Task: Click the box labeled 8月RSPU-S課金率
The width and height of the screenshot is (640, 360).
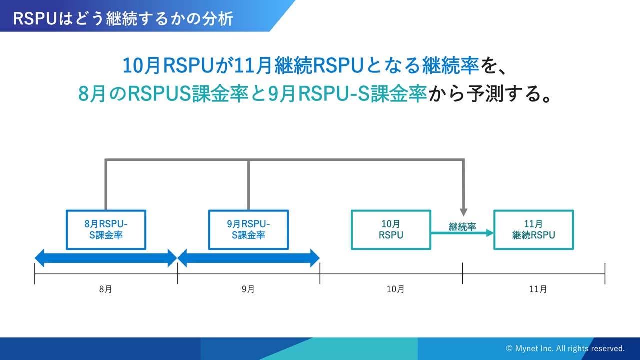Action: coord(106,230)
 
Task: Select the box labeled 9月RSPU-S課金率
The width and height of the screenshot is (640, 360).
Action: coord(248,230)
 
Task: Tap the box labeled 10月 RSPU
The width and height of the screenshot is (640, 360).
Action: coord(391,230)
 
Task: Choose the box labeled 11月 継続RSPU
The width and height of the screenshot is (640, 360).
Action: coord(533,230)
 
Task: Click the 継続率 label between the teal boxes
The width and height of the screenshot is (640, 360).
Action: coord(462,227)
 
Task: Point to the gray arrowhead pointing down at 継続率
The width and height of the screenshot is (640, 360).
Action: coord(464,212)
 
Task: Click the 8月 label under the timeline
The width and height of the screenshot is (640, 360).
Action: coord(106,289)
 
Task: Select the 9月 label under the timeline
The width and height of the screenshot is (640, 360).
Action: coord(248,289)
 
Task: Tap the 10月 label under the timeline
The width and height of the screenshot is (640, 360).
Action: coord(395,289)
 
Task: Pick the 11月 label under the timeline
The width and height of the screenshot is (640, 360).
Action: coord(537,289)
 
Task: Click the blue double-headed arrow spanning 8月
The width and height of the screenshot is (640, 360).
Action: coord(106,258)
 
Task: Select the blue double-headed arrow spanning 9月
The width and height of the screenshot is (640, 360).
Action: coord(248,258)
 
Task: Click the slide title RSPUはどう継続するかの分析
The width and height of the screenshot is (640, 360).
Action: coord(123,18)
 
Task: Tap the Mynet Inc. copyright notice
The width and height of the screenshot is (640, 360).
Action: coord(565,348)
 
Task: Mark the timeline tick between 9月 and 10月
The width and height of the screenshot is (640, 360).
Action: coord(320,273)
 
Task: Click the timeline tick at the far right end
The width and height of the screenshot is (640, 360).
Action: coord(605,273)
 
